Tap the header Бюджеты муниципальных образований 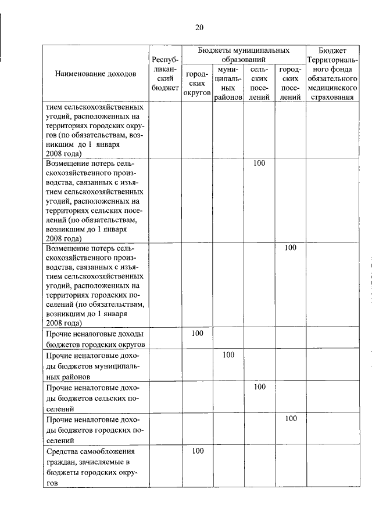244,55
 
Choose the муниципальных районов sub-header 228,84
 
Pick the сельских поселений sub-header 259,84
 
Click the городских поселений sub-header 290,84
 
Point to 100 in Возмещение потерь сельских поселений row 259,163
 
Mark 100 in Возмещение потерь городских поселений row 291,248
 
